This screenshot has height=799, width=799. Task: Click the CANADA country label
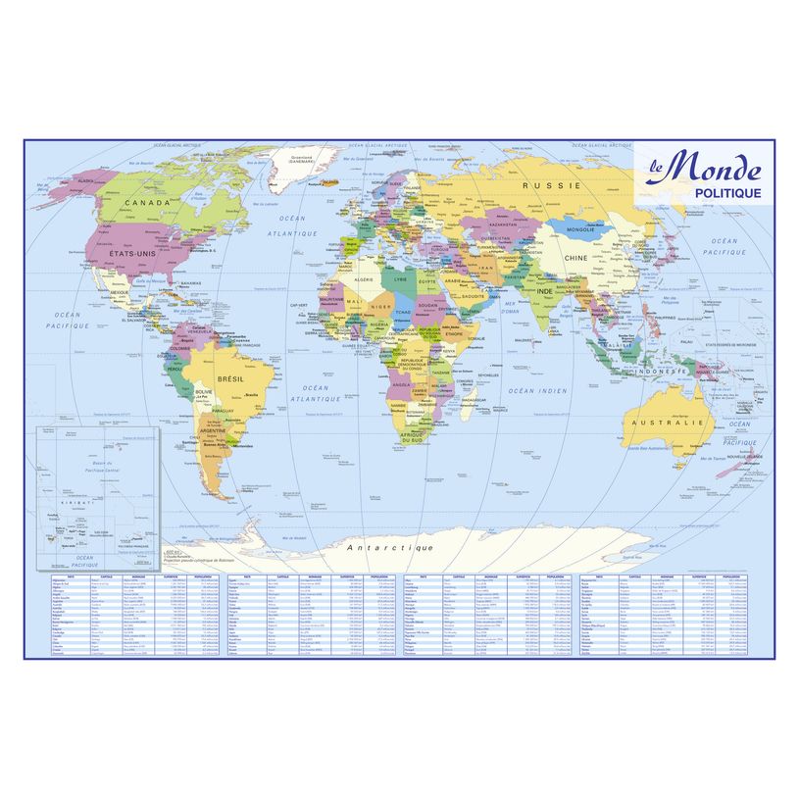click(147, 203)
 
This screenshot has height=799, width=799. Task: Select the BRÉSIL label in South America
click(228, 377)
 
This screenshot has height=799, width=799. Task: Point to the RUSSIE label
click(550, 185)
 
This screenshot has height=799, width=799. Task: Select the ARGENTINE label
click(215, 430)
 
